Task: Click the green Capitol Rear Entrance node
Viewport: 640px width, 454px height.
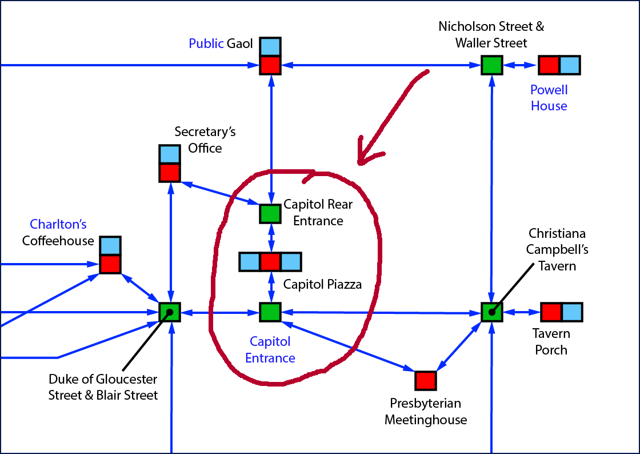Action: click(x=270, y=213)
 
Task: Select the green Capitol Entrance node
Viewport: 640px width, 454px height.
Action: click(x=270, y=312)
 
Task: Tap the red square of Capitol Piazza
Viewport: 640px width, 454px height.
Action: click(x=270, y=261)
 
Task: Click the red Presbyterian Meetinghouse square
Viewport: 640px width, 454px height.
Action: click(x=425, y=380)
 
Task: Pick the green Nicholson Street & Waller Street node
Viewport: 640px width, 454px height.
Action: click(x=491, y=65)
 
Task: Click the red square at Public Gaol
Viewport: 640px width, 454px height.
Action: click(x=270, y=65)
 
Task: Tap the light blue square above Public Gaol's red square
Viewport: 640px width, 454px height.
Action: click(x=270, y=46)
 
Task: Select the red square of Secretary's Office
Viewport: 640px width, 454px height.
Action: click(x=169, y=172)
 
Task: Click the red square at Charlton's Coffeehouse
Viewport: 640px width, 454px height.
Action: click(x=110, y=264)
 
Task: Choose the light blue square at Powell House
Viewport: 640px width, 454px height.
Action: click(x=570, y=65)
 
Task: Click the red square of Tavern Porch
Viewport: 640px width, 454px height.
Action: click(x=551, y=312)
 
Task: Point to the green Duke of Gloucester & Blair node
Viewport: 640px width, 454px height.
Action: click(x=170, y=312)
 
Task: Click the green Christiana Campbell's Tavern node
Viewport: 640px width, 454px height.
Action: click(x=491, y=312)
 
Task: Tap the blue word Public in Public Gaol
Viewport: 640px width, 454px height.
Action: click(x=206, y=44)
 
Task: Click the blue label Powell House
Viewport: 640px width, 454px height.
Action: click(x=549, y=98)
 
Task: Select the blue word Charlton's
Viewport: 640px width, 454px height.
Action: click(x=58, y=224)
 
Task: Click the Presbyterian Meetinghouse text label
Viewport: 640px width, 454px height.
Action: click(x=425, y=412)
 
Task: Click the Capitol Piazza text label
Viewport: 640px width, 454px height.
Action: click(x=322, y=284)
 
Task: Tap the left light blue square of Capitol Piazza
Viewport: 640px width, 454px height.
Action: click(x=249, y=261)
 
